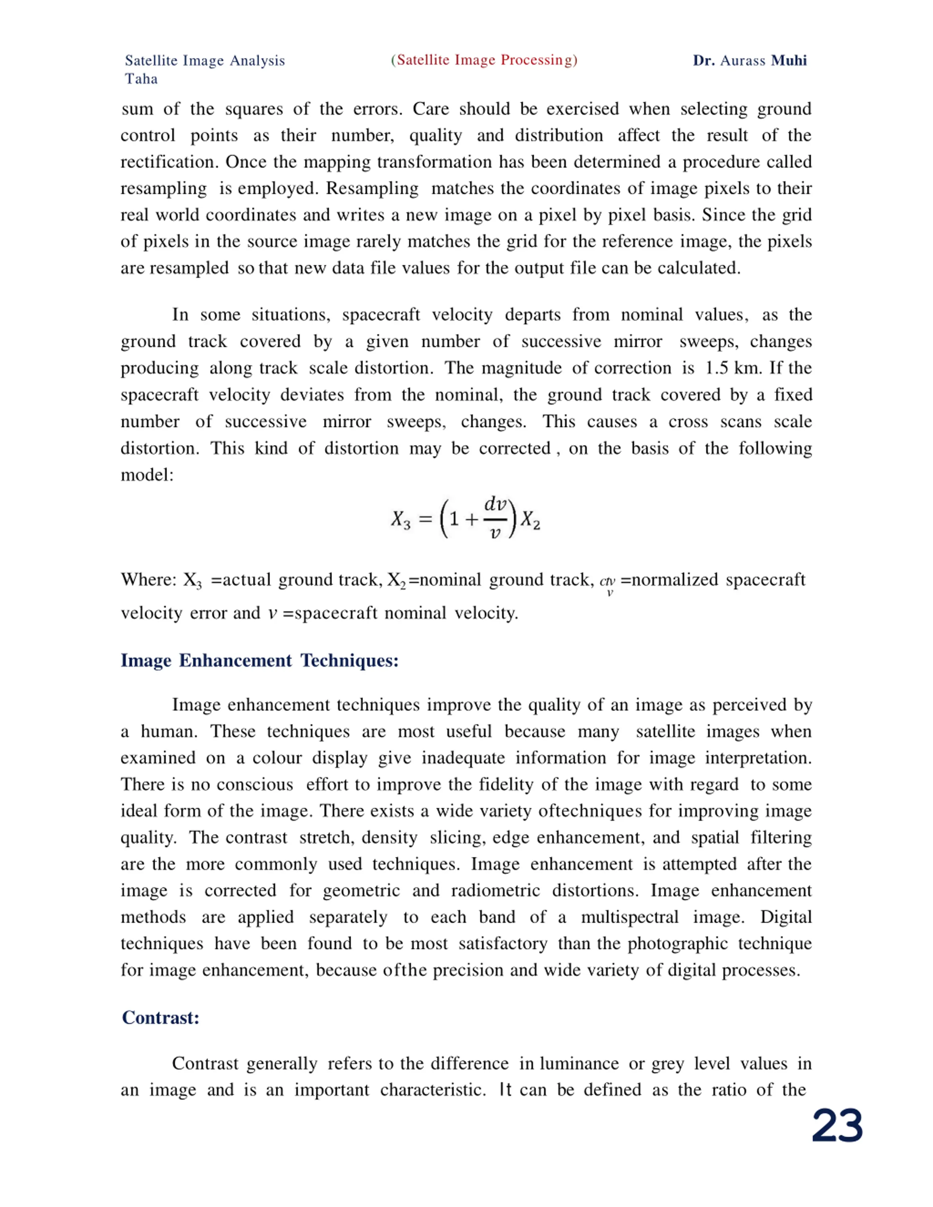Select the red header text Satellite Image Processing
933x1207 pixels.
click(x=484, y=60)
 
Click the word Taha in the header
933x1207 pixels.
click(x=141, y=79)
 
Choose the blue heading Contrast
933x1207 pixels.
click(x=160, y=1018)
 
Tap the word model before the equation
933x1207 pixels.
click(x=147, y=475)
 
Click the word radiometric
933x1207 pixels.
click(x=495, y=891)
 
